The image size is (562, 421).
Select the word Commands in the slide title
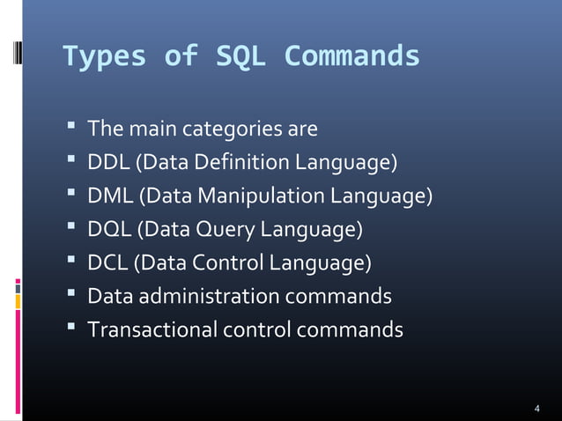[x=352, y=57]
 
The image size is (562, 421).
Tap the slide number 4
[x=537, y=410]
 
